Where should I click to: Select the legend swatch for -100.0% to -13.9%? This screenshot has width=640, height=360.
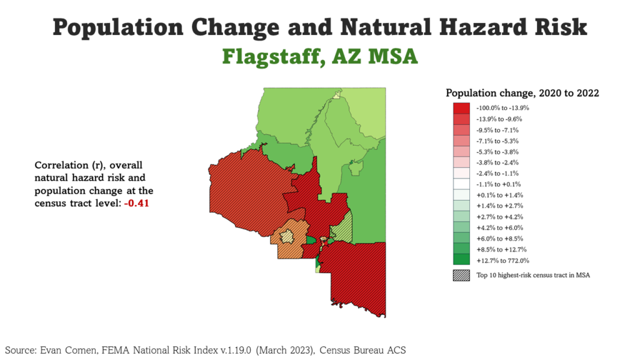(x=461, y=108)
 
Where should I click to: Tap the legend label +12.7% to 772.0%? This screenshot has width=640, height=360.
(x=502, y=261)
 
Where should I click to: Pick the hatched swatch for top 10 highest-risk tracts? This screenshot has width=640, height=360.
(x=461, y=275)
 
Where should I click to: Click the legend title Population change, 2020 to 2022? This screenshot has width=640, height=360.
(x=522, y=93)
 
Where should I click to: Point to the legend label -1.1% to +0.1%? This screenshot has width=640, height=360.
(x=498, y=184)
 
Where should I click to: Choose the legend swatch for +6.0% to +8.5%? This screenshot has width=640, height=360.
(x=461, y=239)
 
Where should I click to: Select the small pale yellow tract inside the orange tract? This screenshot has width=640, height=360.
(x=287, y=237)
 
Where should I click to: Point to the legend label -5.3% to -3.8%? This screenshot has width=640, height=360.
(x=498, y=152)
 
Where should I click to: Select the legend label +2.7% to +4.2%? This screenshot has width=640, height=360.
(x=499, y=217)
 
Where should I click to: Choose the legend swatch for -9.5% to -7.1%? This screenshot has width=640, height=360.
(x=461, y=130)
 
